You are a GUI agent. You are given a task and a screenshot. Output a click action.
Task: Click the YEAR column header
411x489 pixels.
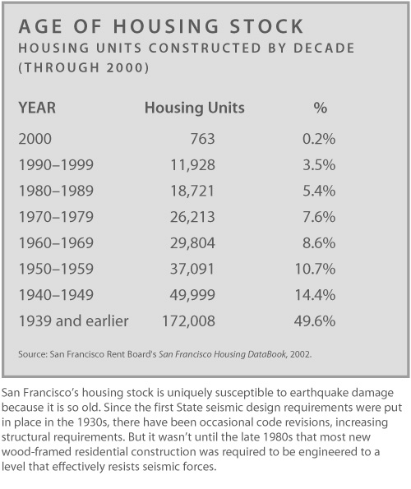(x=37, y=108)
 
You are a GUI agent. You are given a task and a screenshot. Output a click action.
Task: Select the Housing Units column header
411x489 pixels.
(x=195, y=108)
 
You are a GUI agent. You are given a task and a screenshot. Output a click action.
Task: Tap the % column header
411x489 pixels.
(x=321, y=108)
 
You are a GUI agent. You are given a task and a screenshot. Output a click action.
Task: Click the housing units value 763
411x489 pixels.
(x=203, y=139)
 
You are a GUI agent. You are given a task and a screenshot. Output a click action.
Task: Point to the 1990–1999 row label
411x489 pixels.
(x=56, y=164)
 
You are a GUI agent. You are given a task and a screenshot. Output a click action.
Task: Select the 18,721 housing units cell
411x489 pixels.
(x=192, y=191)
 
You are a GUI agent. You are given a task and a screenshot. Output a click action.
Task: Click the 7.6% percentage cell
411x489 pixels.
(x=319, y=217)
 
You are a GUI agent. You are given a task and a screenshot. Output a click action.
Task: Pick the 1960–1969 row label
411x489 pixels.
(x=56, y=243)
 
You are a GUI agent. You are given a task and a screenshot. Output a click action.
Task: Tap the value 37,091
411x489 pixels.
(x=192, y=269)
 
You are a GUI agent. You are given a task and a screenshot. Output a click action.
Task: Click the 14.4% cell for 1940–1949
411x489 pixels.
(x=316, y=295)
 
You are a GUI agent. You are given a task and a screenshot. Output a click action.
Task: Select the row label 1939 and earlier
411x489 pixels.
(x=74, y=321)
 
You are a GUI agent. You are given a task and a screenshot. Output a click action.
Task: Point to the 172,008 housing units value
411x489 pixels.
(x=189, y=321)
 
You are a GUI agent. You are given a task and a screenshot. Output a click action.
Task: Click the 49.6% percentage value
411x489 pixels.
(x=315, y=321)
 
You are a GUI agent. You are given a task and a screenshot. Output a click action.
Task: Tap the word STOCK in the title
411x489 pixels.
(x=266, y=26)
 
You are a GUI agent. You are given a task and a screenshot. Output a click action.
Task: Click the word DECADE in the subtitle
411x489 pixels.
(x=324, y=48)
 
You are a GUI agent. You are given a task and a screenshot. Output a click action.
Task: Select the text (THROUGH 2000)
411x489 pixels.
(x=84, y=67)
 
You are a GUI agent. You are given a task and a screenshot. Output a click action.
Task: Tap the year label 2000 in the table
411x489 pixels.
(x=35, y=139)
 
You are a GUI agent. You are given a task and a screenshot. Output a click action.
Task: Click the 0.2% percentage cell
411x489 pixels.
(x=319, y=139)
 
